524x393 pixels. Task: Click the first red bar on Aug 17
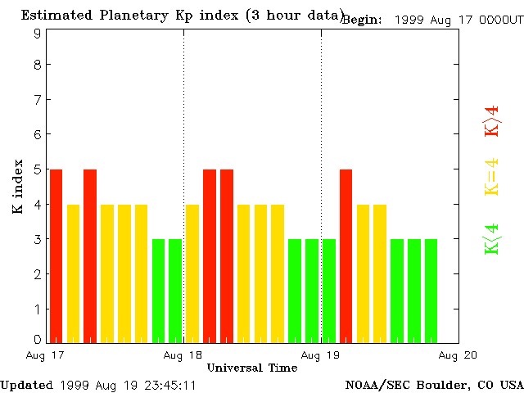click(x=56, y=255)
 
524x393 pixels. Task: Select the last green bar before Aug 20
click(x=431, y=291)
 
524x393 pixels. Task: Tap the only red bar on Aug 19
click(x=346, y=255)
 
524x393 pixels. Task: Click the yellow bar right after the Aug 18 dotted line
click(x=192, y=273)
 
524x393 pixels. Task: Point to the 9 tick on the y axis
click(x=38, y=34)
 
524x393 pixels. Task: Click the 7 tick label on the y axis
click(x=38, y=99)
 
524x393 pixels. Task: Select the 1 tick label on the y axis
click(x=38, y=309)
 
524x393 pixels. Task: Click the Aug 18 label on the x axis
click(x=183, y=355)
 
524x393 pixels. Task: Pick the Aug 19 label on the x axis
click(x=321, y=355)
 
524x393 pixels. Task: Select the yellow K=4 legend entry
click(x=491, y=177)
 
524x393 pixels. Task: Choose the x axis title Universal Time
click(x=252, y=368)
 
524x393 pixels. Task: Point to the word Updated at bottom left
click(x=26, y=384)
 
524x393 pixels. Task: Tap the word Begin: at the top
click(x=362, y=20)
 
